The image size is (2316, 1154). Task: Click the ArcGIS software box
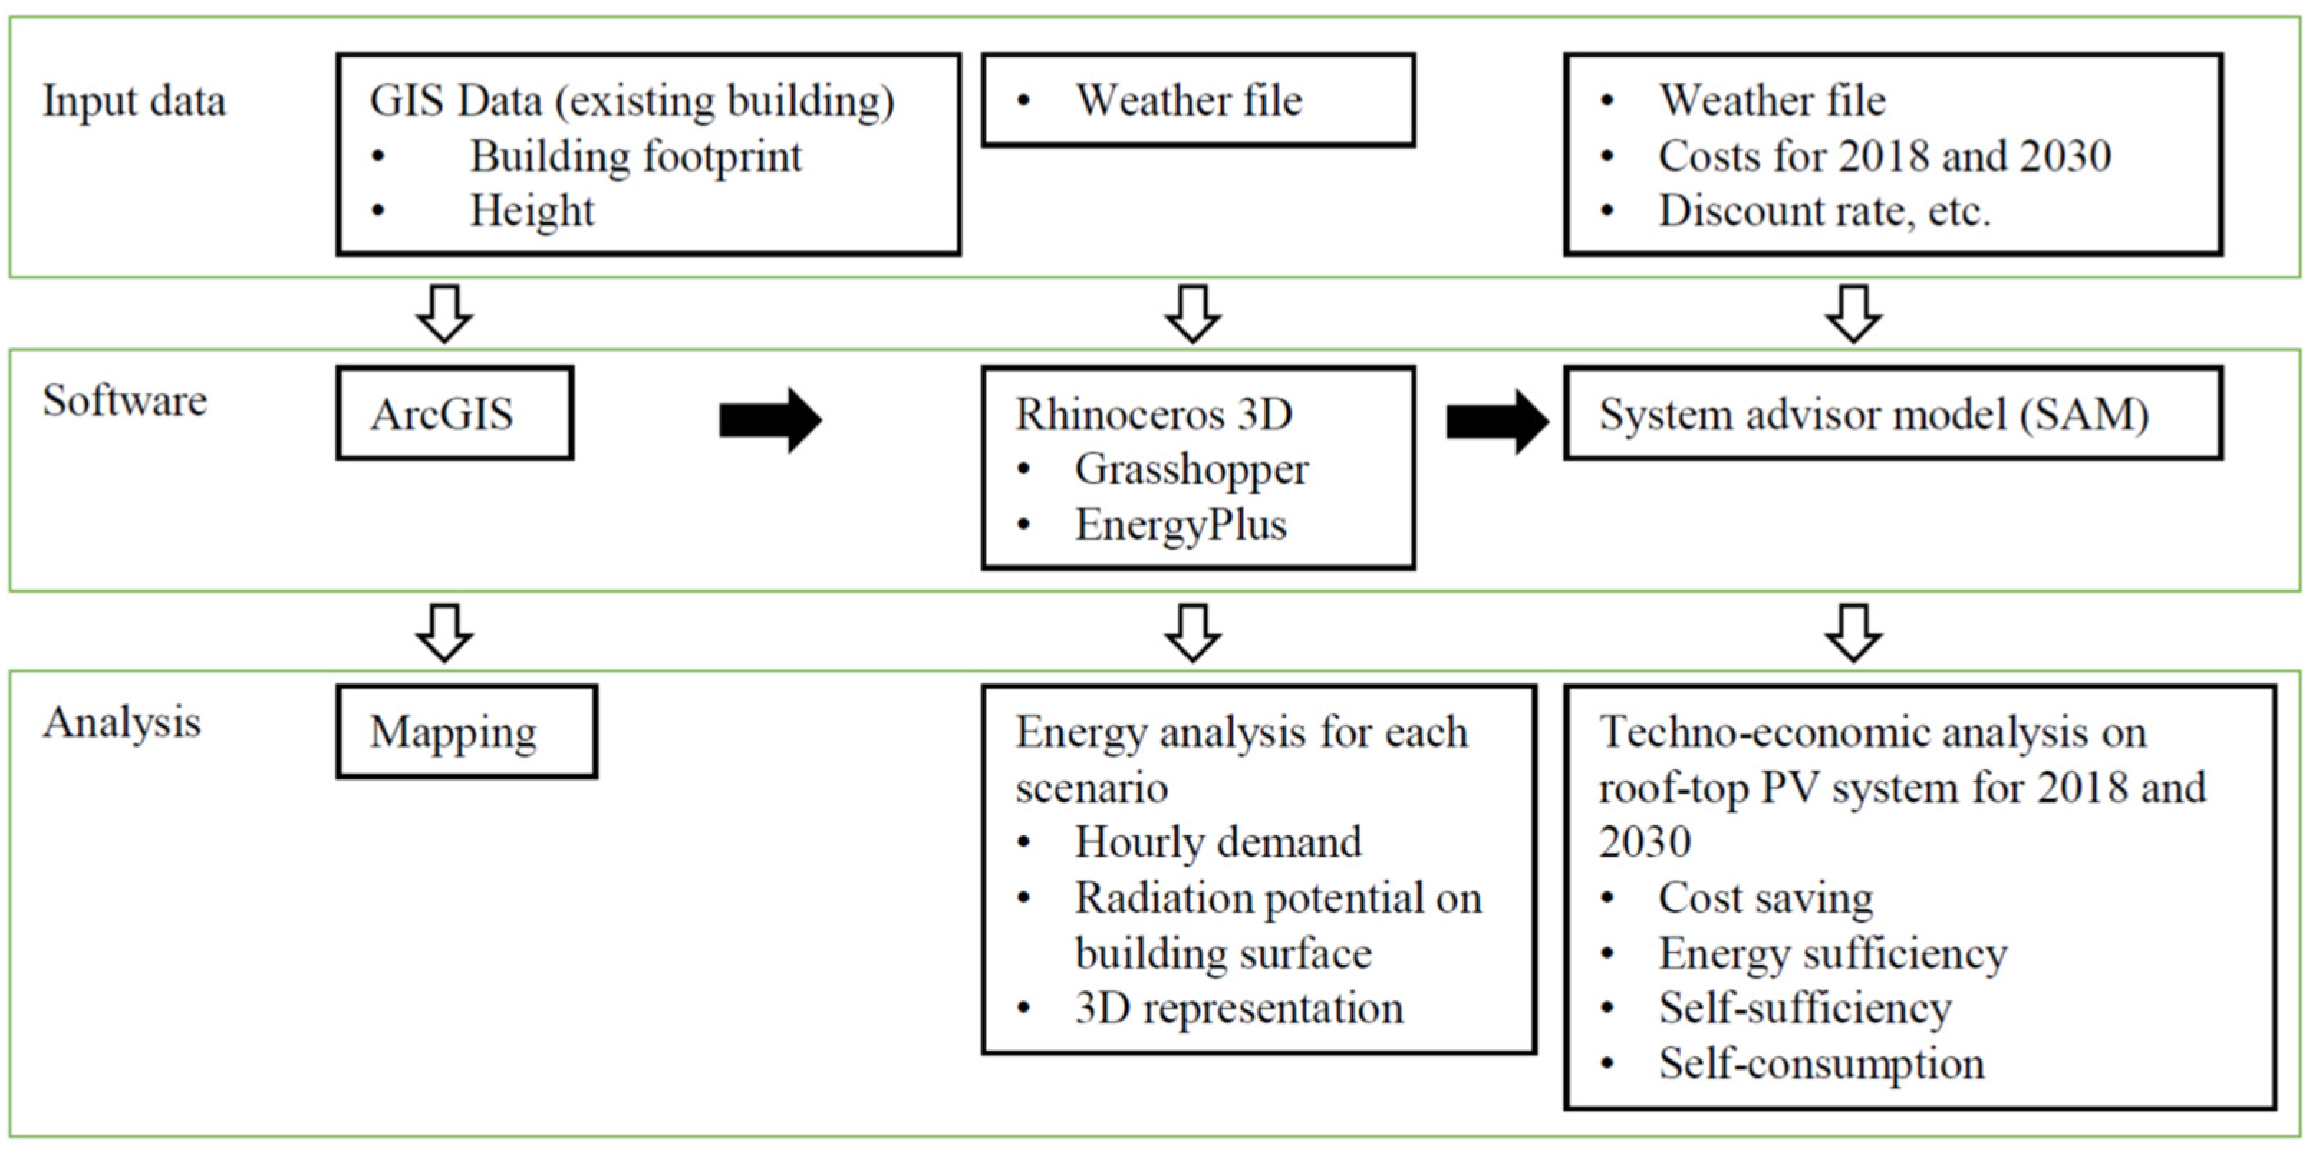click(455, 413)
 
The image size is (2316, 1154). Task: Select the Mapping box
click(467, 731)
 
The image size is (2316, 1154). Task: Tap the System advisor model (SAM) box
click(1892, 413)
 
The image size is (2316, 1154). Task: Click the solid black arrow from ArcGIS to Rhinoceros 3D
click(770, 420)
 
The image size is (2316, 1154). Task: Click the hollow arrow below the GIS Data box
click(444, 314)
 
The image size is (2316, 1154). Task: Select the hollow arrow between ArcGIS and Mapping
click(444, 633)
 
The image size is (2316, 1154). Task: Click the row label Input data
click(134, 100)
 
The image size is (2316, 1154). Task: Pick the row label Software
click(125, 401)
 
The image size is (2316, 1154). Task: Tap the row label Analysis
click(122, 723)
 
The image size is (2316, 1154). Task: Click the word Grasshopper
click(1191, 469)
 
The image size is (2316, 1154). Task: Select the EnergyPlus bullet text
click(1180, 525)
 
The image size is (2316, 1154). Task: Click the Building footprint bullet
click(635, 156)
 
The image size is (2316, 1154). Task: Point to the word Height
click(531, 211)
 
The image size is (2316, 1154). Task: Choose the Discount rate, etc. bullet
click(1824, 211)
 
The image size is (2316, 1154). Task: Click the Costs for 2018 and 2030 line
click(1885, 156)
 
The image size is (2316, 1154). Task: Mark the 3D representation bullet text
click(1238, 1008)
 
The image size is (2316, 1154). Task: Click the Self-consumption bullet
click(1821, 1064)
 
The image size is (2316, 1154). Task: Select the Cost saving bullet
click(1765, 898)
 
